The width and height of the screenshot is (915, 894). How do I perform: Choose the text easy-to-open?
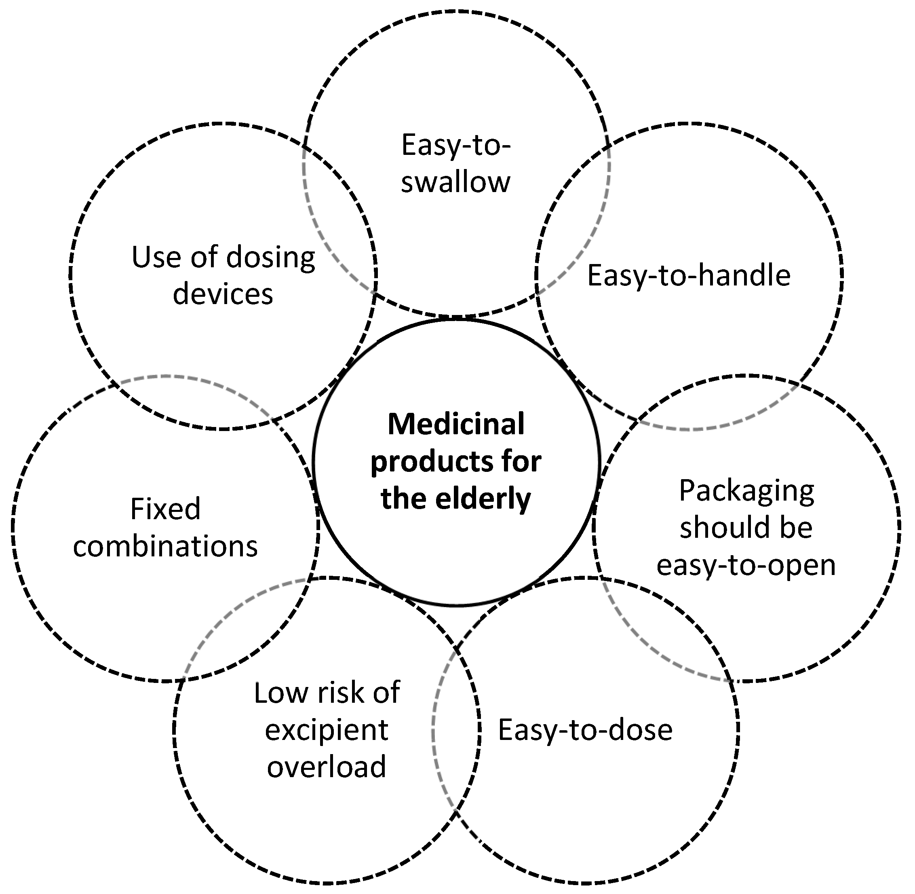tap(746, 565)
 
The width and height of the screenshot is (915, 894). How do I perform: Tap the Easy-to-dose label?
tap(585, 730)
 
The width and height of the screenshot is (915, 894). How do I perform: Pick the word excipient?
tap(327, 730)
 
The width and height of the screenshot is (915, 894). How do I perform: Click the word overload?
tap(327, 767)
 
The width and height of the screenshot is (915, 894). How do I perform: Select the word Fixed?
tap(165, 509)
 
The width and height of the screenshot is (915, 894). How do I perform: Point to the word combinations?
tap(165, 547)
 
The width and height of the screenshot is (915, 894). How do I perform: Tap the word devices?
tap(223, 294)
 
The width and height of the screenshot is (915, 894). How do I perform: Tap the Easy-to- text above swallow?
tap(455, 145)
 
